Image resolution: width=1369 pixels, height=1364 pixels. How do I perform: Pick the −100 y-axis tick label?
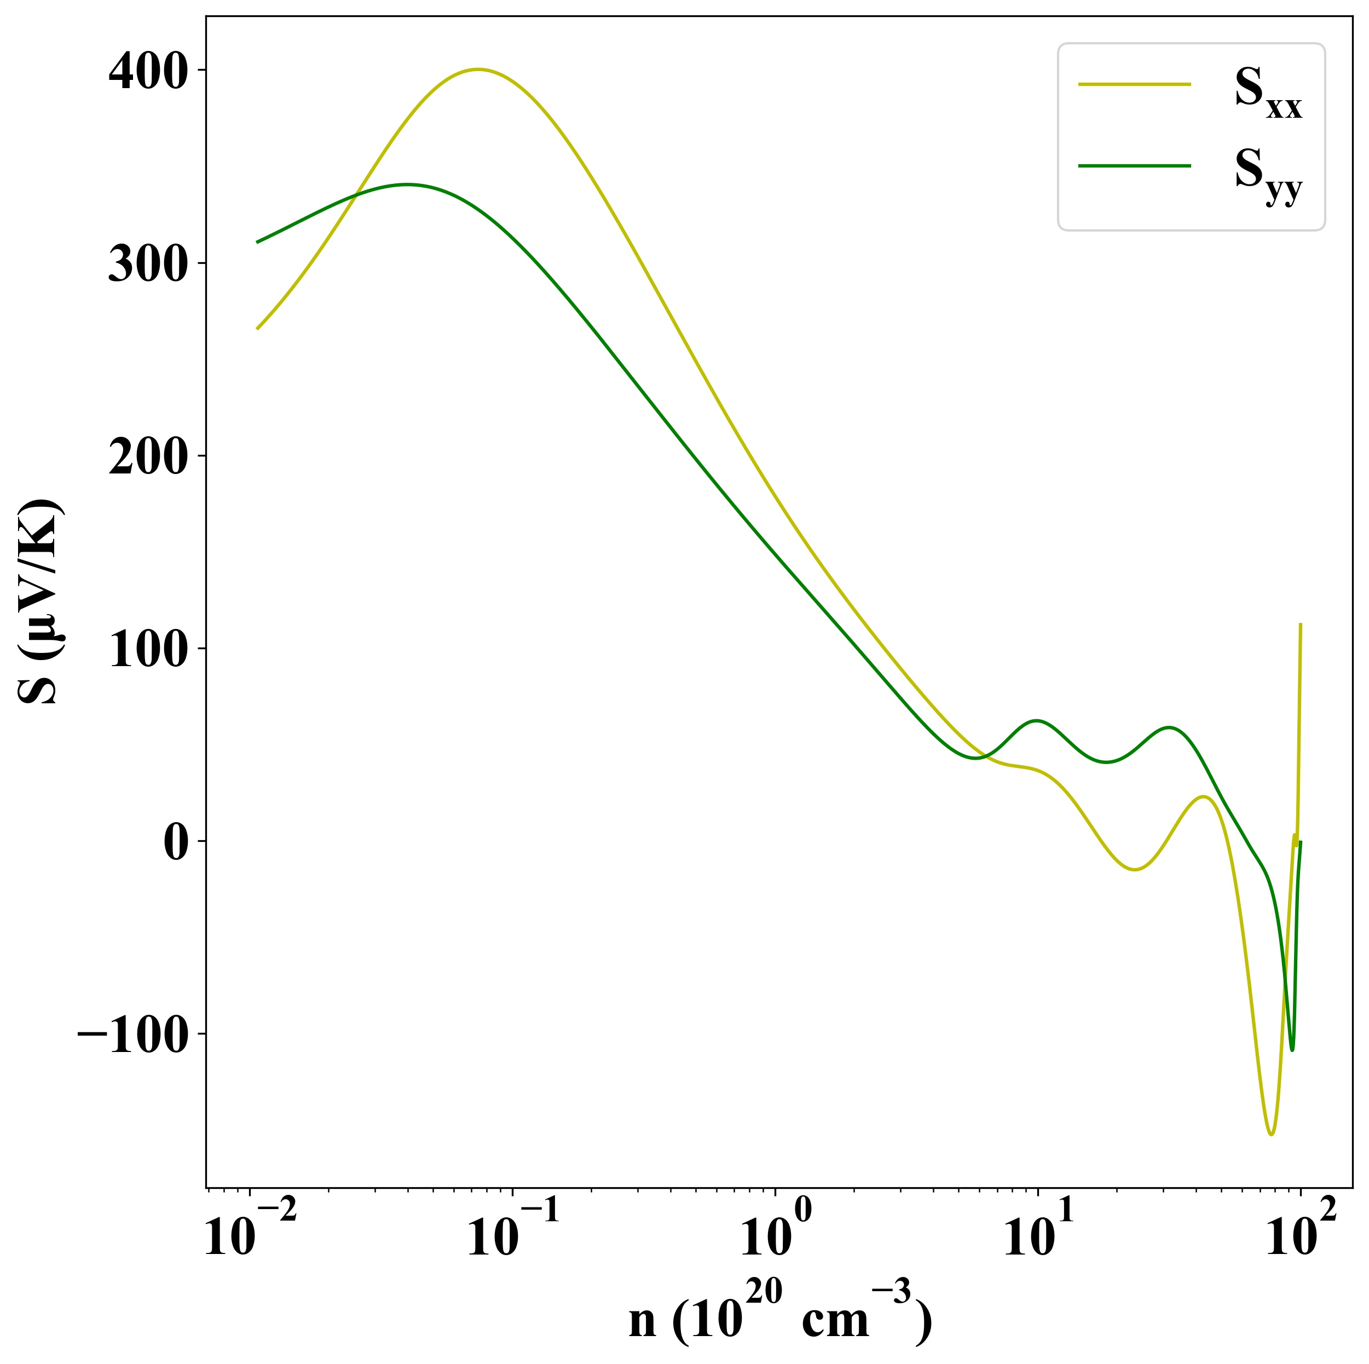(x=132, y=1035)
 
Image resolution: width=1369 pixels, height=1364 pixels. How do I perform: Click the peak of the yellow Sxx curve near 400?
(x=478, y=70)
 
